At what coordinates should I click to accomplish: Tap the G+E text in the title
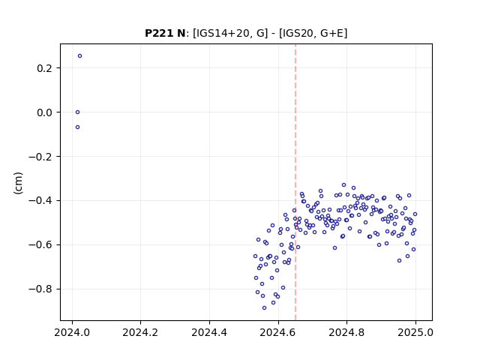click(x=332, y=33)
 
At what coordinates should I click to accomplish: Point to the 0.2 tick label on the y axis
click(x=44, y=68)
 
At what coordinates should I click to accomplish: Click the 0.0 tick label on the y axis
click(x=44, y=112)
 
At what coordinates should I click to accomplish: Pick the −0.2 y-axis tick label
click(x=40, y=157)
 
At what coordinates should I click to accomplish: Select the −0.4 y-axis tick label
click(x=40, y=201)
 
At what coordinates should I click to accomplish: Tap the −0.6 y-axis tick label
click(x=40, y=245)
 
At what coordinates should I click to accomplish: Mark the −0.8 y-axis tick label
click(x=40, y=289)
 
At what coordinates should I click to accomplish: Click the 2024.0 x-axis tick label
click(x=72, y=332)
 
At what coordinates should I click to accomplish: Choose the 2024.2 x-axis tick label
click(x=140, y=332)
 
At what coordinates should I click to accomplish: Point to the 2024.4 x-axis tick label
click(x=209, y=332)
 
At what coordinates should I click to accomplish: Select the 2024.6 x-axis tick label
click(x=278, y=332)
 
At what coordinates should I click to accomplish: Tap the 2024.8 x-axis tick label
click(x=346, y=332)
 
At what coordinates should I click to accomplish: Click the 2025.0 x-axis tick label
click(x=415, y=332)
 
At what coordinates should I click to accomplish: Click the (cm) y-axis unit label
click(x=18, y=183)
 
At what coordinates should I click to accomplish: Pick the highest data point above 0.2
click(x=80, y=56)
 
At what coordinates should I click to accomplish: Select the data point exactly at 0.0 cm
click(x=78, y=112)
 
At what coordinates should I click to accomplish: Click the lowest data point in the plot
click(x=264, y=308)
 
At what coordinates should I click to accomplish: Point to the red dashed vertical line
click(x=295, y=182)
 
